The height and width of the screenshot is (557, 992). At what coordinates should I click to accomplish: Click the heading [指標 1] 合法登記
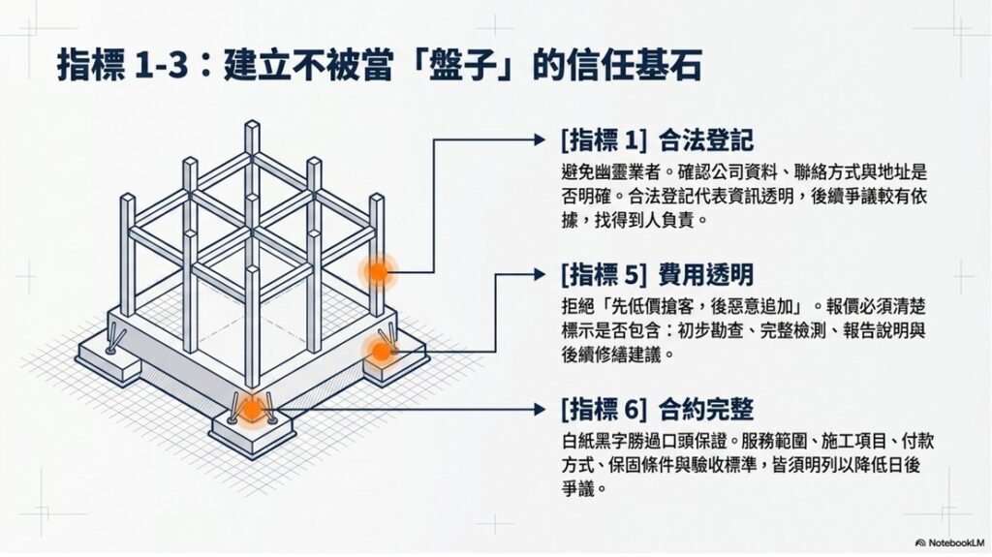point(658,140)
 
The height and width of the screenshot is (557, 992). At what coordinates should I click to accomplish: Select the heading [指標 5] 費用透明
point(658,275)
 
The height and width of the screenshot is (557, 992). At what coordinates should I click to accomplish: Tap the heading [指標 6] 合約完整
point(658,410)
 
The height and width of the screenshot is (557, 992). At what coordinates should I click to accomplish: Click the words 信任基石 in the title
point(634,66)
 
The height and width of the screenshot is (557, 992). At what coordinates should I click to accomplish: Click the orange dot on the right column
point(378,272)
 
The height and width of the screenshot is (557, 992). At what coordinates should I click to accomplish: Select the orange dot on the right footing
point(381,352)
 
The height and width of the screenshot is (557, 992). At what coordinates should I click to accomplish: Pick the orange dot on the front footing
point(252,410)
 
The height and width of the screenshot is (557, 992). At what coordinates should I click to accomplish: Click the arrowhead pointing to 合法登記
point(539,139)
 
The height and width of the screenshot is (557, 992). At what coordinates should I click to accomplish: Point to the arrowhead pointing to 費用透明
point(539,275)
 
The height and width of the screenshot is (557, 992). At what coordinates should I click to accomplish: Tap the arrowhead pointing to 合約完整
point(539,410)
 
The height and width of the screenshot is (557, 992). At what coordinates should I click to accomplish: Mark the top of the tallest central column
point(253,123)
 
